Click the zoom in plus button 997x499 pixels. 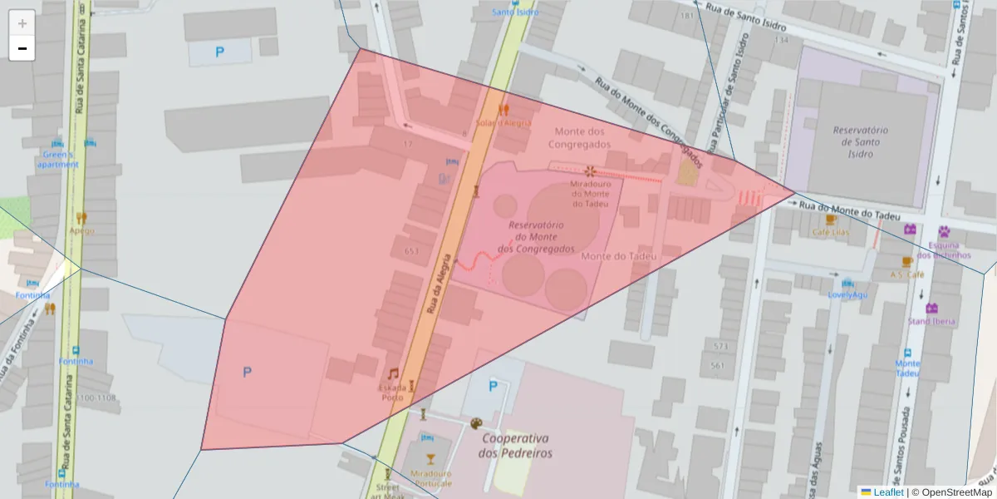(x=22, y=23)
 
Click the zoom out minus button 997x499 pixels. (x=22, y=48)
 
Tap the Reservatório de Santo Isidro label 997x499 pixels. (x=861, y=142)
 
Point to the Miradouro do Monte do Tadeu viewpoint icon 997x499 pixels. (x=590, y=171)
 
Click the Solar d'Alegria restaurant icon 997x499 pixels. (x=503, y=109)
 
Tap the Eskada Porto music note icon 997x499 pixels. (x=393, y=373)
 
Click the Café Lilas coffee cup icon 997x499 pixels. (x=829, y=220)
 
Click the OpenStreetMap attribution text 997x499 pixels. (x=951, y=492)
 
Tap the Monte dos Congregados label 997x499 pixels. (x=580, y=138)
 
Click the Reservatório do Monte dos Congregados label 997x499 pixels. (x=536, y=237)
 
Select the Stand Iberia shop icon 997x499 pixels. (x=931, y=309)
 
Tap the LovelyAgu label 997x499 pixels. (x=847, y=294)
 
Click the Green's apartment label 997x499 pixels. (x=57, y=159)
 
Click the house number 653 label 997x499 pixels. (x=411, y=251)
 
